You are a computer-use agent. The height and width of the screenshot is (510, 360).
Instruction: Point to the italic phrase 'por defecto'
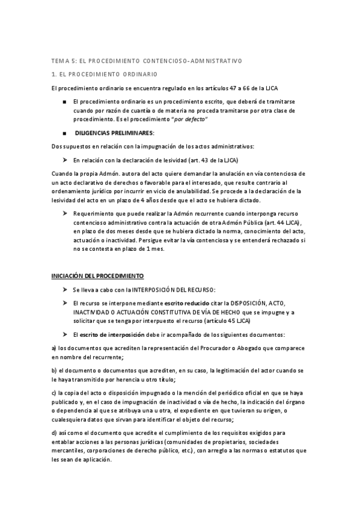click(x=191, y=119)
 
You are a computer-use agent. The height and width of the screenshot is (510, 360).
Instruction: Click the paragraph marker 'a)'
click(x=55, y=349)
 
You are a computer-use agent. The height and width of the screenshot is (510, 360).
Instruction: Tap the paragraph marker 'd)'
click(x=55, y=434)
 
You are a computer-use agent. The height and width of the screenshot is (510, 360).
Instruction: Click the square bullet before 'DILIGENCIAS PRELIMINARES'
click(x=64, y=132)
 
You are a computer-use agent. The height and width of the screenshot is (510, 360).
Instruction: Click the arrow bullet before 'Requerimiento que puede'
click(x=64, y=214)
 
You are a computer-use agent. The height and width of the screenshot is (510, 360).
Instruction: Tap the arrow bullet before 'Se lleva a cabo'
click(x=64, y=290)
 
